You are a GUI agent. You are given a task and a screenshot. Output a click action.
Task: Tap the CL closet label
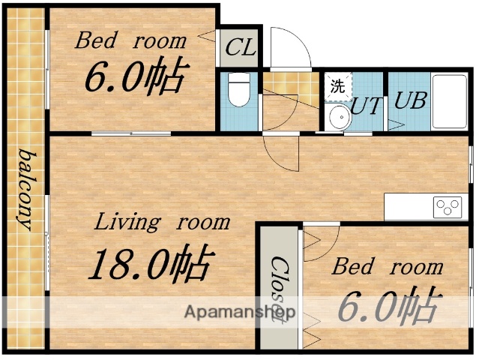pyautogui.click(x=240, y=49)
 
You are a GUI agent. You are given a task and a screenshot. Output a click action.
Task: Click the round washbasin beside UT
pyautogui.click(x=339, y=117)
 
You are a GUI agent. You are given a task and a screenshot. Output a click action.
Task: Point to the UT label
pyautogui.click(x=367, y=105)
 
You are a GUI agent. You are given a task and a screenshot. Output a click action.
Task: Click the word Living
pyautogui.click(x=127, y=222)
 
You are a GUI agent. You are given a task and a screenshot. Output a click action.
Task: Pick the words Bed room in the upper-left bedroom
pyautogui.click(x=130, y=40)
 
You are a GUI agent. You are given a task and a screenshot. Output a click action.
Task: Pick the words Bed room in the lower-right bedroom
pyautogui.click(x=388, y=266)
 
